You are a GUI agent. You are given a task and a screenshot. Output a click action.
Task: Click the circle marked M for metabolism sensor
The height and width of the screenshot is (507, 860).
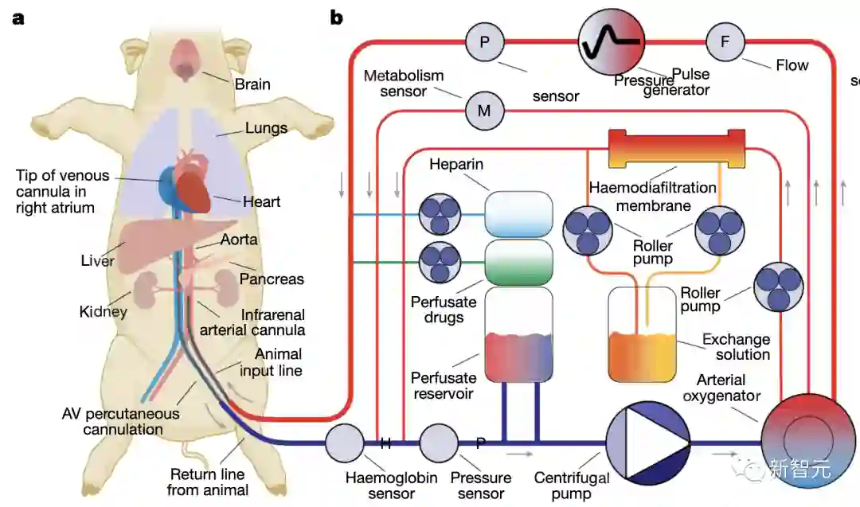[484, 111]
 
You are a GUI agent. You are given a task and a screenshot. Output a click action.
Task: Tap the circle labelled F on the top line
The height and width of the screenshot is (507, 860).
[725, 41]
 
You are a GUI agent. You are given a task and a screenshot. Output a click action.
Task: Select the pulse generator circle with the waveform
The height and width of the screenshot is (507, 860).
[612, 41]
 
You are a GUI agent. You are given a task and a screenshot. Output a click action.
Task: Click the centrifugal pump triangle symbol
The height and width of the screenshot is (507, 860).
[647, 443]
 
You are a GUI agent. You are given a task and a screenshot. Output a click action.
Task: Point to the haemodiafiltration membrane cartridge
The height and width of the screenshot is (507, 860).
[677, 149]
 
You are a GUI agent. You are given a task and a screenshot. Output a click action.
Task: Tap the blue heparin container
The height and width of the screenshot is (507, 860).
[518, 214]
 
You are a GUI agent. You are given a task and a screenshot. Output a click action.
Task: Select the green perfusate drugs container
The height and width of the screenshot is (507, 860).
[518, 262]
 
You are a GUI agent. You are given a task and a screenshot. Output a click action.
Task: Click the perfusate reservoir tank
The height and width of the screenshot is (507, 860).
[518, 334]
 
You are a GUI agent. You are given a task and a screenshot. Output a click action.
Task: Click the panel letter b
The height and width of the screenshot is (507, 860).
[336, 18]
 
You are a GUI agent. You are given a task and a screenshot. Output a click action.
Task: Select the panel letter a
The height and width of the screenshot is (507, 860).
[18, 18]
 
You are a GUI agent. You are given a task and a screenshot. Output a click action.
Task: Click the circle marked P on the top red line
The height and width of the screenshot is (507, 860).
[485, 41]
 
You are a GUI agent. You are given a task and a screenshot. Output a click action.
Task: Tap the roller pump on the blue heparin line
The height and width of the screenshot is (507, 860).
[440, 214]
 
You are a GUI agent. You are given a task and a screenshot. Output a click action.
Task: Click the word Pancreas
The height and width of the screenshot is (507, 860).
[272, 279]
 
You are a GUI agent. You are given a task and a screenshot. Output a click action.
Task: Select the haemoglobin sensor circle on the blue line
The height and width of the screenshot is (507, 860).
[345, 443]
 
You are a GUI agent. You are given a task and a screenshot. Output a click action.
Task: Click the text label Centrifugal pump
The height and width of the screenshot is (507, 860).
[572, 486]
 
